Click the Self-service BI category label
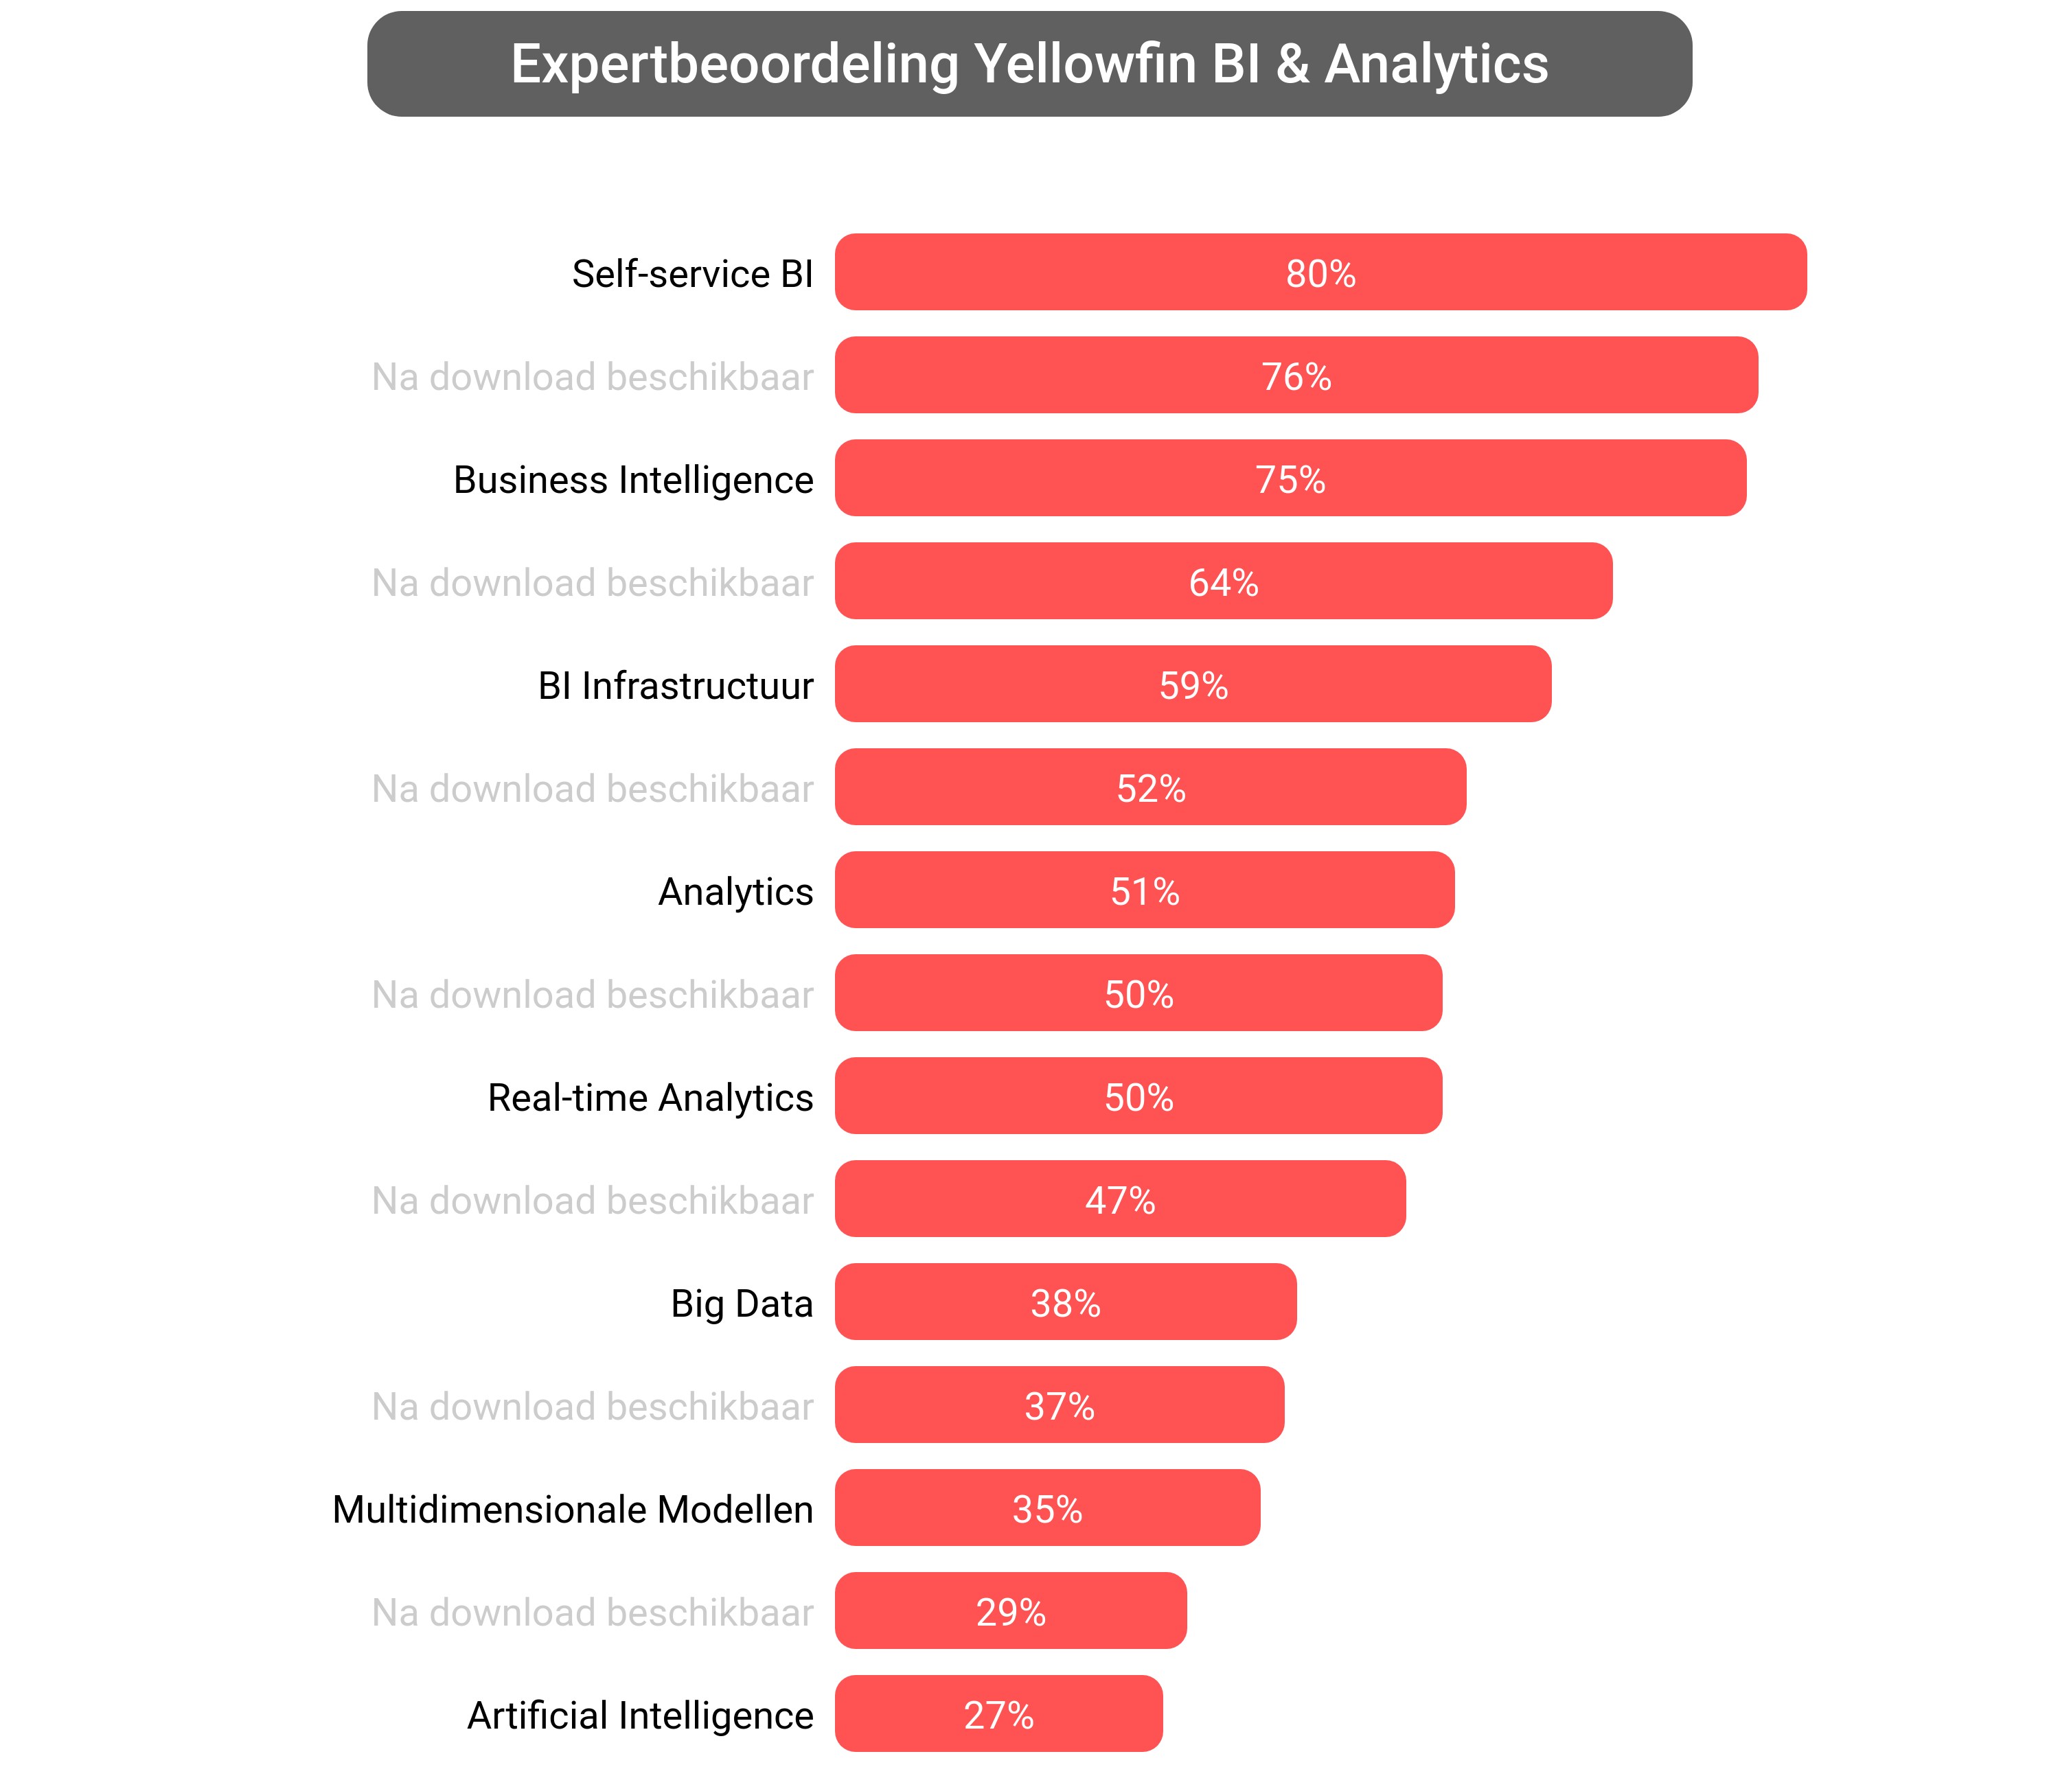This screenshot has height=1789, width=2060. [x=692, y=273]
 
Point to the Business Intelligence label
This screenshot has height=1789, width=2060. [x=633, y=480]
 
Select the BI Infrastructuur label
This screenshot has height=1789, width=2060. [x=675, y=686]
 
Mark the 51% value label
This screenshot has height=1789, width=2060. [x=1145, y=892]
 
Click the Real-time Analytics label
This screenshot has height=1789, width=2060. [x=650, y=1097]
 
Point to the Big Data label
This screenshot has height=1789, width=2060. [x=741, y=1303]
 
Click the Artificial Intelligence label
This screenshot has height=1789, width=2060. [x=640, y=1715]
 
